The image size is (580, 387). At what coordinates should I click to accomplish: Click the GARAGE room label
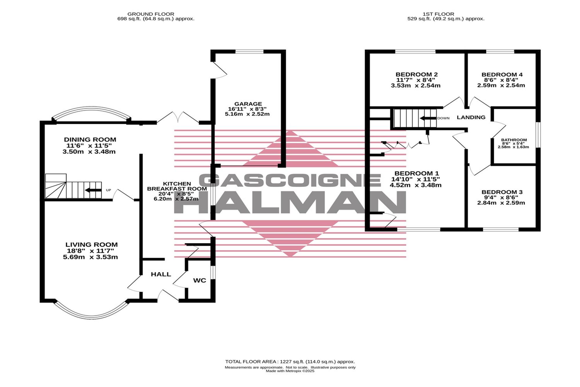point(248,104)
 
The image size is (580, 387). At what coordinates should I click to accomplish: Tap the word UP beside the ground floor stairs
point(108,190)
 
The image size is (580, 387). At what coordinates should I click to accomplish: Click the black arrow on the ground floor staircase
point(93,190)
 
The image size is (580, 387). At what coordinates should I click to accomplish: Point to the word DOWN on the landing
point(443,118)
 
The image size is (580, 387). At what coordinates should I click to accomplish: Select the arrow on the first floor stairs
point(428,118)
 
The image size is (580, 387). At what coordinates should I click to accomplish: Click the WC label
point(200,280)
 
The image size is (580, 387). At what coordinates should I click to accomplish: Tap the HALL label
point(161,274)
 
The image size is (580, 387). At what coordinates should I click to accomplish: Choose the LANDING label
point(471,117)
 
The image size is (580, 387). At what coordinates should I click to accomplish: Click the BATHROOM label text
point(514,140)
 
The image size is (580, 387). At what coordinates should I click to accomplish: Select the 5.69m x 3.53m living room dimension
point(90,257)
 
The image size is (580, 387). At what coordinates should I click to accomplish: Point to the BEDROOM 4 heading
point(502,75)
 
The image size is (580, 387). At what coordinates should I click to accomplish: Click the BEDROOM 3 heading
point(502,192)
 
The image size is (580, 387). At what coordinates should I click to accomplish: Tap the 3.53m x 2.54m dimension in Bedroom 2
point(416,86)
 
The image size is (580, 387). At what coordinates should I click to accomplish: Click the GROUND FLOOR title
point(151,14)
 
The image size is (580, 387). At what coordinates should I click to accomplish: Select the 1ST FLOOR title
point(438,14)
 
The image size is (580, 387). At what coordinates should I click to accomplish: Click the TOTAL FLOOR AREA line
point(290,362)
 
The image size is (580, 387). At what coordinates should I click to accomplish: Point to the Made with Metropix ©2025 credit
point(290,371)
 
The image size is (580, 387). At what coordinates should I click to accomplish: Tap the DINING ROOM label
point(90,140)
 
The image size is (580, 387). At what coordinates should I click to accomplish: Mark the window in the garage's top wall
point(249,52)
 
